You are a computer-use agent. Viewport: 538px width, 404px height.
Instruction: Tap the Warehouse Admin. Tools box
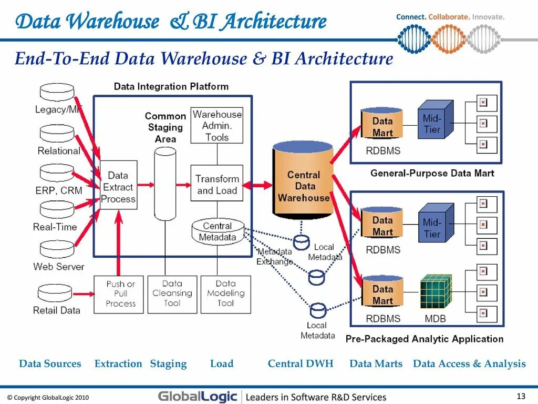coord(217,126)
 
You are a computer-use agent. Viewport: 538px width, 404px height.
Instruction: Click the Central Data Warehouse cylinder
coord(303,180)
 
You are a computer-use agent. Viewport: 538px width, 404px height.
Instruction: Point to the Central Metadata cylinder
coord(218,231)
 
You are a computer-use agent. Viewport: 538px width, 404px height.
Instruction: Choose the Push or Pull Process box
coord(119,295)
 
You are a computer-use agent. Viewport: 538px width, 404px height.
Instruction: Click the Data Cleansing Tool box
coord(172,295)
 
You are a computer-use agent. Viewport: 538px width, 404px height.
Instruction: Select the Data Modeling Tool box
coord(226,295)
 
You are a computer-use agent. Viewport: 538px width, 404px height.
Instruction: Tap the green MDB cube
coord(436,292)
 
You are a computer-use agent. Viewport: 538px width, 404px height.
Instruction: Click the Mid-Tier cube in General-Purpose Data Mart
coord(434,120)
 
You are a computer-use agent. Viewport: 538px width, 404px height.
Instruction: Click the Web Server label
coord(58,267)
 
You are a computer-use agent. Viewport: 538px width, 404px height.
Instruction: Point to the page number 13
coord(521,396)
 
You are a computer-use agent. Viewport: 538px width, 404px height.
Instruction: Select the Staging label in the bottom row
coord(168,363)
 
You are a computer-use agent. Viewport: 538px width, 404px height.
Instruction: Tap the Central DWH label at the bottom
coord(301,363)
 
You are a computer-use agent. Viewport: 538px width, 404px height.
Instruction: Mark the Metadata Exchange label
coord(274,257)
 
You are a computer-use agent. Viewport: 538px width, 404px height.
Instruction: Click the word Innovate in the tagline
coord(488,17)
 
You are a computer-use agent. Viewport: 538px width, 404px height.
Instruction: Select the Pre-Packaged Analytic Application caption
coord(425,339)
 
